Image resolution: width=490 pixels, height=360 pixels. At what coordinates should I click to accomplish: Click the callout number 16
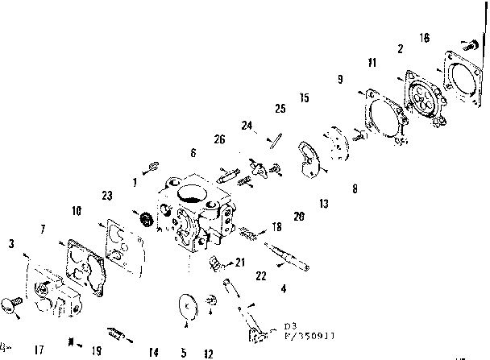(x=425, y=38)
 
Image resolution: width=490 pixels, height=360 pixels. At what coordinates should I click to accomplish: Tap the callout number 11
(x=372, y=62)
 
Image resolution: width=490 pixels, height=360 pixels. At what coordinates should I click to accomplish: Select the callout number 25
(x=280, y=108)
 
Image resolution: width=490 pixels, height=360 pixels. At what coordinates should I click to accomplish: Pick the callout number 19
(x=96, y=350)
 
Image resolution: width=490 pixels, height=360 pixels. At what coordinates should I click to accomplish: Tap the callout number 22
(x=261, y=275)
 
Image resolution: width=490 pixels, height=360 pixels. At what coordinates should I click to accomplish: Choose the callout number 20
(x=298, y=216)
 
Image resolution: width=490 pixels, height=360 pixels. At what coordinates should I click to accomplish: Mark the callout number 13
(x=322, y=204)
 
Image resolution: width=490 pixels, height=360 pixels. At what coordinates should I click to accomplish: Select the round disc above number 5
(x=188, y=308)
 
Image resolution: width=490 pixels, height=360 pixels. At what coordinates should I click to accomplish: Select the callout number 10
(x=76, y=211)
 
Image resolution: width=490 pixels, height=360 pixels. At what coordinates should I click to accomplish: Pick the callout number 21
(x=240, y=262)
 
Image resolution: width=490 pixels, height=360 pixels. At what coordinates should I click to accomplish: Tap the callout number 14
(x=152, y=351)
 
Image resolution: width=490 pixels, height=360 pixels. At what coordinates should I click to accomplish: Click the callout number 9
(x=339, y=80)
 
